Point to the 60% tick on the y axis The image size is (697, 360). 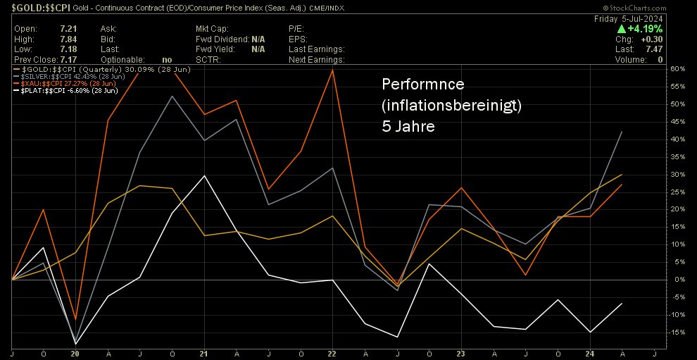coord(677,69)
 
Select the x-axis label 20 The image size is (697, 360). coord(75,354)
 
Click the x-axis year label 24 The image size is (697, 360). coord(591,354)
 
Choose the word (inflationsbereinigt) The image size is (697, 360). coord(451,106)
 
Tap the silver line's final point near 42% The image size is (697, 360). coord(620,132)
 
